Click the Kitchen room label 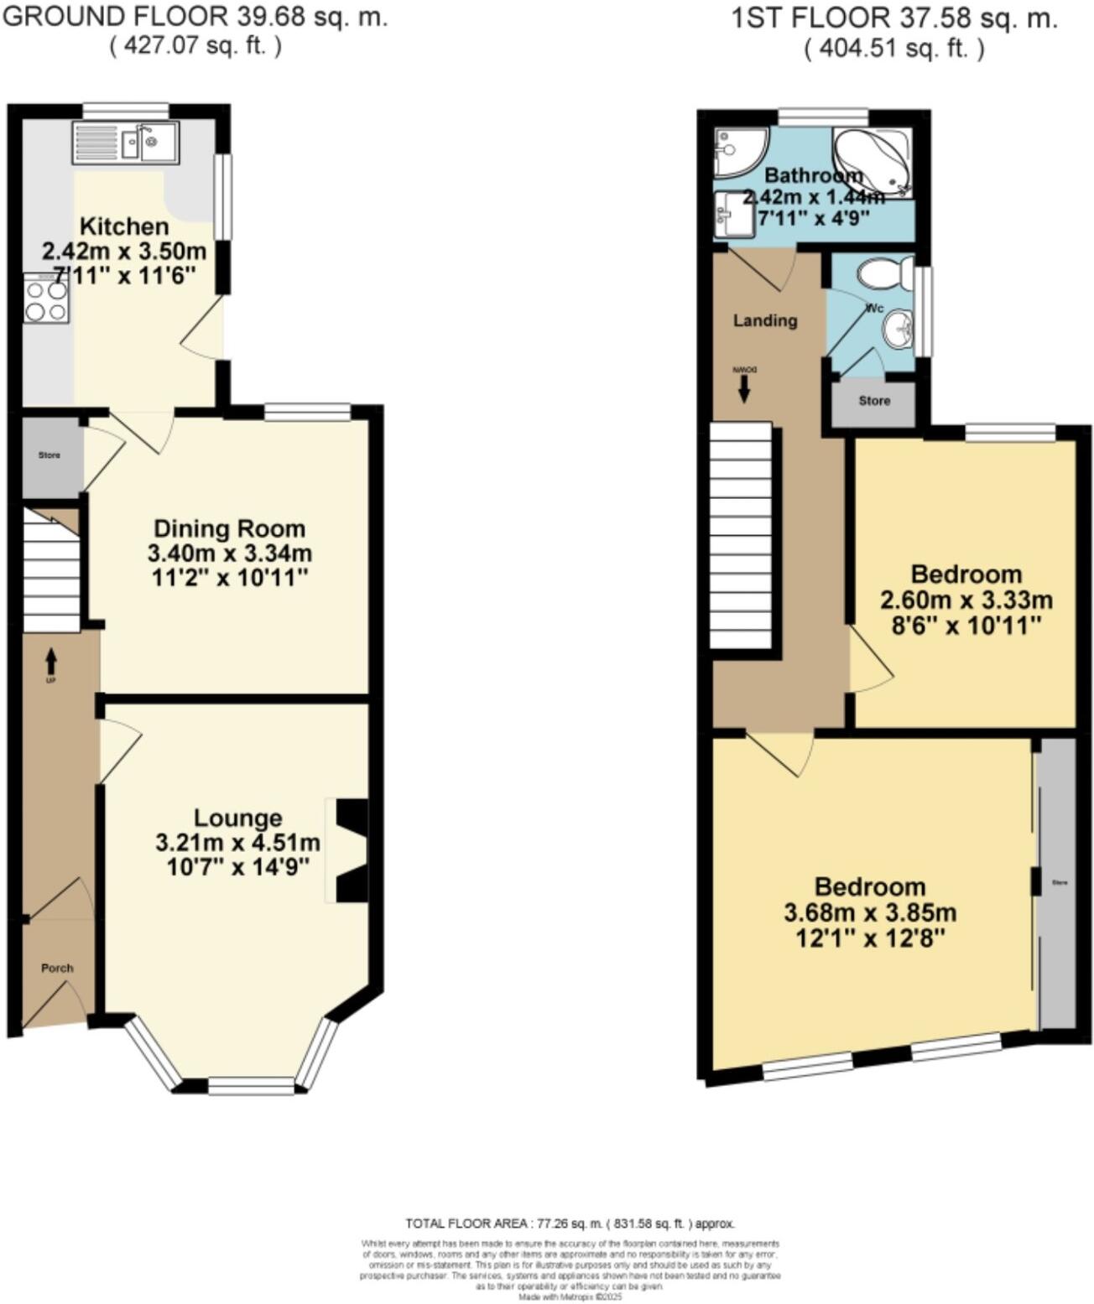124,226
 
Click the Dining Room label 229,529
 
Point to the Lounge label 238,818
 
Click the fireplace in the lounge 351,850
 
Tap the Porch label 58,968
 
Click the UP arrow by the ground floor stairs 50,662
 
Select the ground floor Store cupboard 50,456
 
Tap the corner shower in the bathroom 738,151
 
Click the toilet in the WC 881,273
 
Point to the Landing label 765,320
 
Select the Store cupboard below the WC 874,402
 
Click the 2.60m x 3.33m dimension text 966,600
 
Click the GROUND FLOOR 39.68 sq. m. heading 195,17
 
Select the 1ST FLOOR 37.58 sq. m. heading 894,18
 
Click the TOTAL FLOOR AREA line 570,1223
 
